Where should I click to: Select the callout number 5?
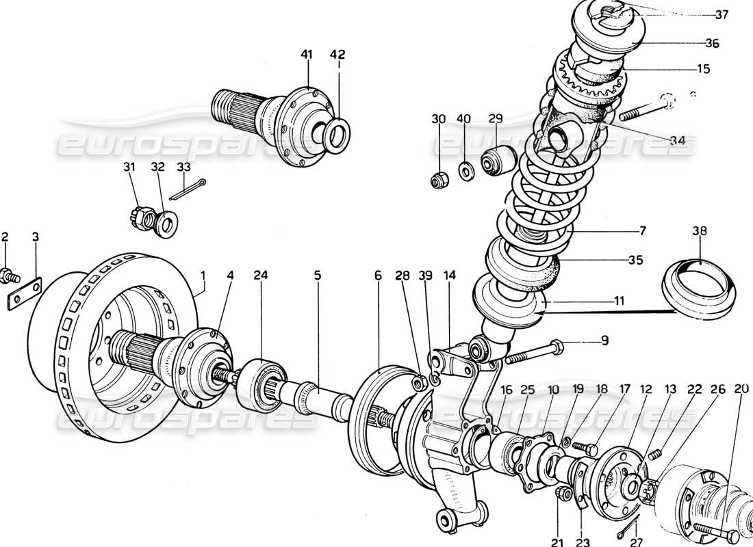(x=318, y=276)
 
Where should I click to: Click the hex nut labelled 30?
(x=438, y=181)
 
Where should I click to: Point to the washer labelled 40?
(x=464, y=170)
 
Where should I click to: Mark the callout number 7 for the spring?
(x=642, y=230)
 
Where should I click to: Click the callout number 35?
(x=637, y=261)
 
